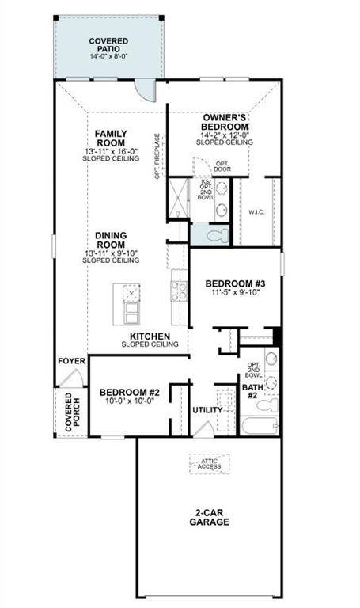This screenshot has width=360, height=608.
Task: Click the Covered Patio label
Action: [x=108, y=44]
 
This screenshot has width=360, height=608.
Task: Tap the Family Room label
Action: [x=111, y=138]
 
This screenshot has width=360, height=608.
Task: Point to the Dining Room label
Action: [x=111, y=240]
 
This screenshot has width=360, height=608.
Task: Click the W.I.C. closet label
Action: [x=256, y=211]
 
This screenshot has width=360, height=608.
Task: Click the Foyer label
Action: [x=70, y=361]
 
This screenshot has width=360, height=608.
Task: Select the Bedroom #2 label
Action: [x=130, y=392]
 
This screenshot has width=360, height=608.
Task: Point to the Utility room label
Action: [x=208, y=409]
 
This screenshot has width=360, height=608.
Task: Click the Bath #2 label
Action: [x=252, y=392]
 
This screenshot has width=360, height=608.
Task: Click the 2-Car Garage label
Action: [x=210, y=517]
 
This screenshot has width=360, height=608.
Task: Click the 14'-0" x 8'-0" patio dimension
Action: [x=108, y=57]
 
